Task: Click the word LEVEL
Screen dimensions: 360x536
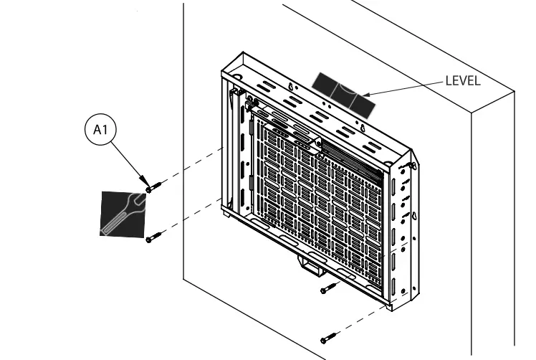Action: [x=462, y=80]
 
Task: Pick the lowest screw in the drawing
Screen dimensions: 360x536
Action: [x=328, y=337]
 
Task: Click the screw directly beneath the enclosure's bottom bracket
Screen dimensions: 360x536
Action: [x=327, y=288]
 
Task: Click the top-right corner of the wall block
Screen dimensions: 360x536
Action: [x=515, y=92]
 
